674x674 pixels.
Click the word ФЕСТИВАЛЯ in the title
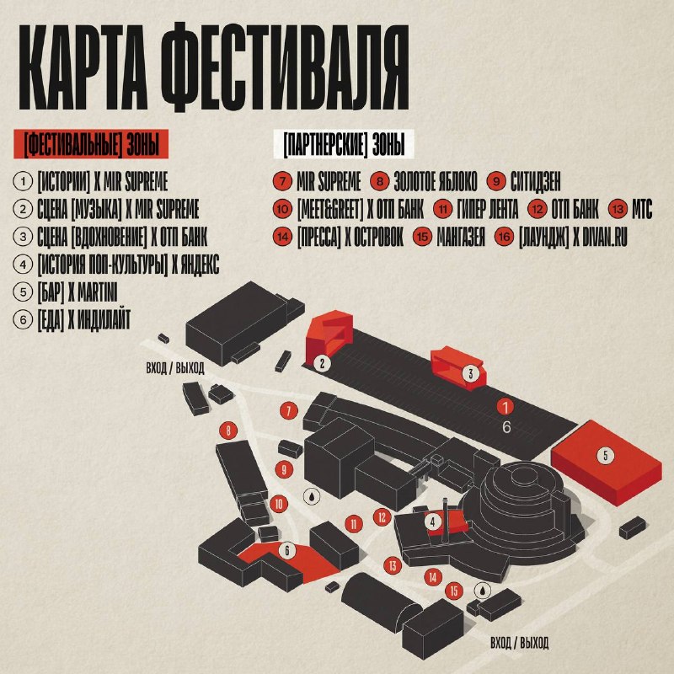pyautogui.click(x=287, y=67)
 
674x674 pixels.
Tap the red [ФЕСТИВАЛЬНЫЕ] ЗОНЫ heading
pyautogui.click(x=91, y=144)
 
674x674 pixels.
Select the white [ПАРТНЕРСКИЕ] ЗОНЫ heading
pyautogui.click(x=344, y=144)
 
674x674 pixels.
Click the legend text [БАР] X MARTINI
pyautogui.click(x=78, y=292)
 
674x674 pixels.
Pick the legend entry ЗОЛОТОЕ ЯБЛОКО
pyautogui.click(x=436, y=182)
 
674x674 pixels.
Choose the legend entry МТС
pyautogui.click(x=642, y=209)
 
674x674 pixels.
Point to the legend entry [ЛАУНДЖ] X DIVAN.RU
pyautogui.click(x=573, y=238)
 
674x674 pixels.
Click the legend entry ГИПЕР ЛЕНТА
pyautogui.click(x=488, y=209)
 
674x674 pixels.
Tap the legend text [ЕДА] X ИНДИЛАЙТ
pyautogui.click(x=83, y=320)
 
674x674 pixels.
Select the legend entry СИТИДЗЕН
pyautogui.click(x=536, y=182)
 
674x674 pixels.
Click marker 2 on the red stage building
pyautogui.click(x=323, y=364)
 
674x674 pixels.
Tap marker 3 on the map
pyautogui.click(x=470, y=373)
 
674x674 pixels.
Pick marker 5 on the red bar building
pyautogui.click(x=606, y=455)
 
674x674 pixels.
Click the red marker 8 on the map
pyautogui.click(x=228, y=431)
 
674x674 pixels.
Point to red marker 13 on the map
pyautogui.click(x=393, y=565)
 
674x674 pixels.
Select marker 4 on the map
pyautogui.click(x=433, y=522)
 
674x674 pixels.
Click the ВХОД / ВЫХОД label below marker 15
pyautogui.click(x=519, y=643)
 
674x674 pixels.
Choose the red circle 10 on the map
pyautogui.click(x=279, y=504)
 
